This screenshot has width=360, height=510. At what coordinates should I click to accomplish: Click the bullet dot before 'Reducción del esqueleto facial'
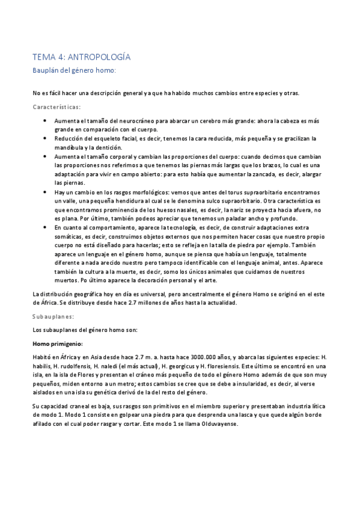(45, 138)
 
